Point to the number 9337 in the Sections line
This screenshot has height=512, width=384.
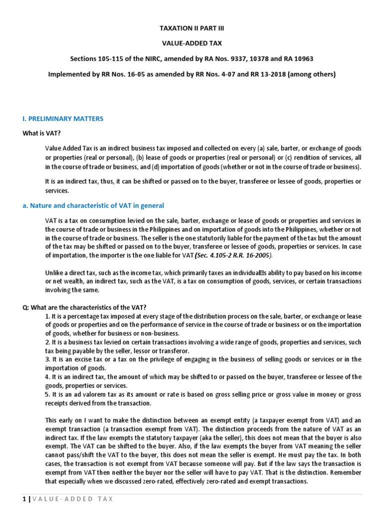click(234, 58)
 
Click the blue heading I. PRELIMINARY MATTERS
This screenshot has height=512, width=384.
click(63, 118)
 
